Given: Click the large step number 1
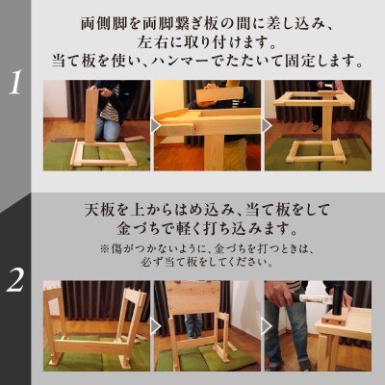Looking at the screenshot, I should pos(15,84).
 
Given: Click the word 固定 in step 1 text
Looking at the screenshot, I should pos(309,61).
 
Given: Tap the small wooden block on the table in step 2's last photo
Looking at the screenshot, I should pos(332,317).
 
